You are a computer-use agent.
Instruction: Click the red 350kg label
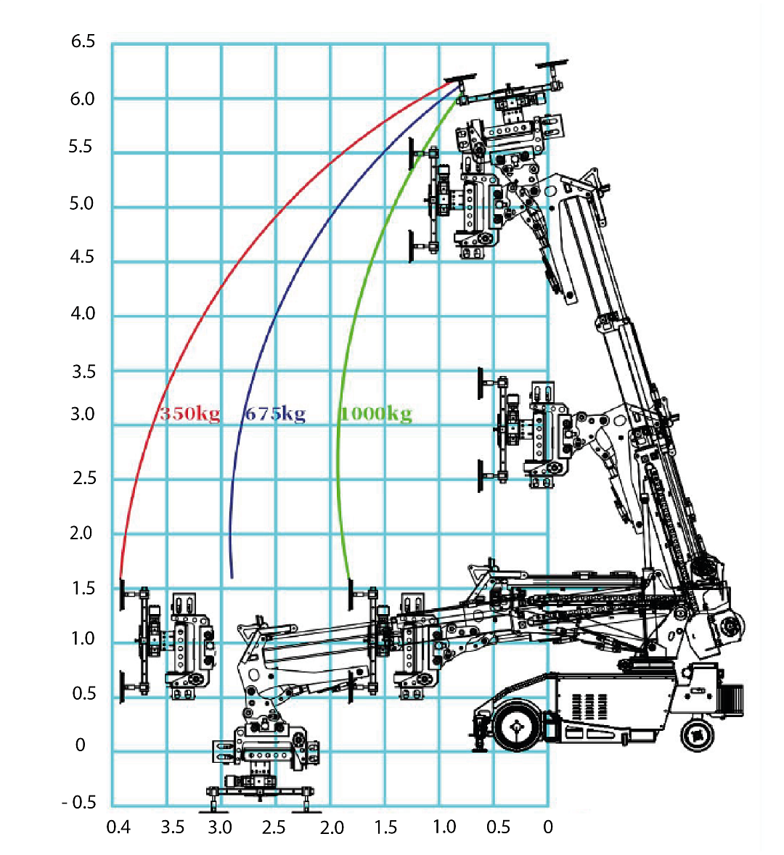pos(189,414)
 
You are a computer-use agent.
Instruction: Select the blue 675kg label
pos(274,414)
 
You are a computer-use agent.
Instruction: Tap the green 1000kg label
pos(375,414)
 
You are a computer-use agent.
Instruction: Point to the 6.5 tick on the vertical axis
pos(83,41)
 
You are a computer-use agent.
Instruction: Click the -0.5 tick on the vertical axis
pos(79,802)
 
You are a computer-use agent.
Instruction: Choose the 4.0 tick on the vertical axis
pos(83,314)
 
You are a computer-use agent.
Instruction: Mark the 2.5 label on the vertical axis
pos(83,478)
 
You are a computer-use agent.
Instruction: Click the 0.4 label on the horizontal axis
pos(118,827)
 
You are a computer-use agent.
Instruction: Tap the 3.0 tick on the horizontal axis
pos(220,827)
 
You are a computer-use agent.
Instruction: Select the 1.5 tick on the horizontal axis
pos(385,827)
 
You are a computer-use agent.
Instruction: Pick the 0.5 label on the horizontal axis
pos(498,827)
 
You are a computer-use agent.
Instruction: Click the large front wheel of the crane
pos(517,727)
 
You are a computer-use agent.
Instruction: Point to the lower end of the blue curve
pos(232,578)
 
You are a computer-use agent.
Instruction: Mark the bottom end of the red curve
pos(121,578)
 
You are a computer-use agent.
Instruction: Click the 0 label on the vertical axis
pos(81,745)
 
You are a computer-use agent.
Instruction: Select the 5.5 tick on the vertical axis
pos(81,147)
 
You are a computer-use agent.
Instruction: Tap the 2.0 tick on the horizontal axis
pos(332,827)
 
